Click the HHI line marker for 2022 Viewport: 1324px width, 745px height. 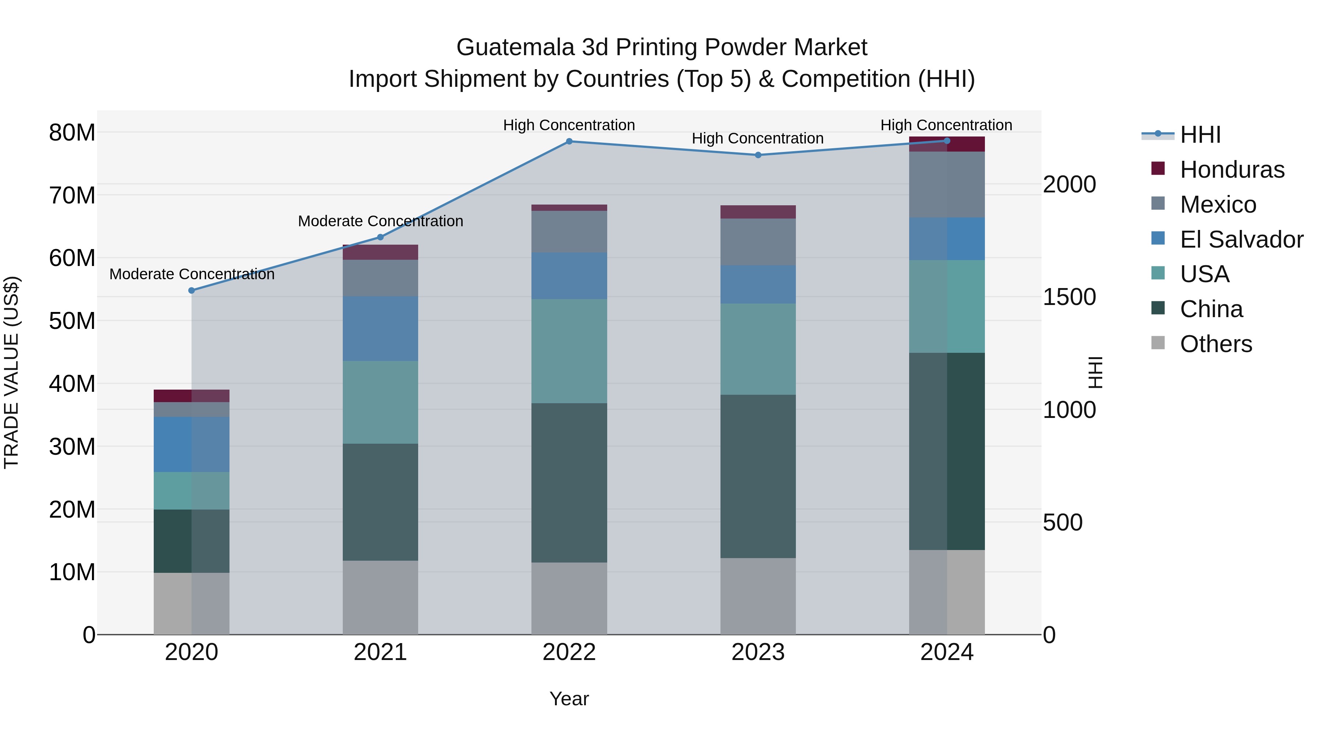(x=569, y=141)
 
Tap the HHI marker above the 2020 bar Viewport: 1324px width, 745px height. (x=192, y=291)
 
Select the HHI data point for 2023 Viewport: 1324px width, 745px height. (x=758, y=155)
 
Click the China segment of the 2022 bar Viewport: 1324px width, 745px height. (x=569, y=482)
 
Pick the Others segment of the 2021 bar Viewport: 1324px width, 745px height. (x=380, y=597)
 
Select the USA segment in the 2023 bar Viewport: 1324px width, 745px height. (x=758, y=349)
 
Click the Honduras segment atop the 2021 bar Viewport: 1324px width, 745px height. (x=380, y=252)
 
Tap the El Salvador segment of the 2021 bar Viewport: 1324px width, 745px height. (x=380, y=329)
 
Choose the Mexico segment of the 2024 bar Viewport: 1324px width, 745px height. (x=947, y=185)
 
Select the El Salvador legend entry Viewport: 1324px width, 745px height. (x=1241, y=240)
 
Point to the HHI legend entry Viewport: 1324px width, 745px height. (x=1200, y=135)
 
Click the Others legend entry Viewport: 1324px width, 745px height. (x=1216, y=344)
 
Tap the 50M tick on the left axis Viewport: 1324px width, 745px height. (x=72, y=321)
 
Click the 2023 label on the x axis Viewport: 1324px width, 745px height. (x=758, y=652)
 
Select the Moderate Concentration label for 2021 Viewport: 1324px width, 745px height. (x=380, y=221)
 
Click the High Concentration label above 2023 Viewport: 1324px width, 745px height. (x=758, y=138)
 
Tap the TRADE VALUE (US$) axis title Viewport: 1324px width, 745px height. (x=11, y=372)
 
